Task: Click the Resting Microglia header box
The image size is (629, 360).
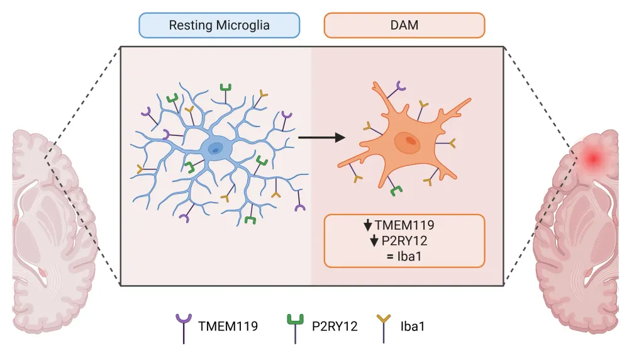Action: (220, 26)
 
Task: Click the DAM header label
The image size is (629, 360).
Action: (404, 26)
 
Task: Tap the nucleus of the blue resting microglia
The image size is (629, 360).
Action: (215, 148)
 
